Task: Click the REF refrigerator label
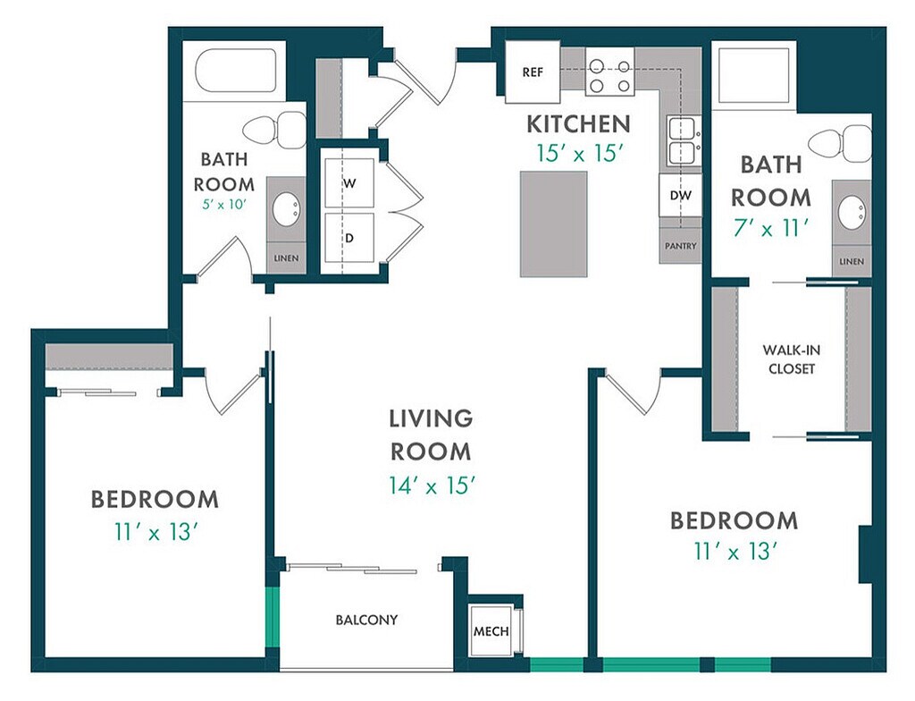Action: click(x=533, y=72)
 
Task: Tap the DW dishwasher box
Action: click(x=680, y=195)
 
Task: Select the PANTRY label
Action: click(x=680, y=247)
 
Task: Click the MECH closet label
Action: click(x=491, y=631)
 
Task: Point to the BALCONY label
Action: click(x=366, y=620)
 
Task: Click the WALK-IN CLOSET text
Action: click(x=792, y=359)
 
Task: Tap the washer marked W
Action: click(x=349, y=182)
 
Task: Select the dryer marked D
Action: click(x=349, y=238)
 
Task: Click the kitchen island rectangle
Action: click(x=553, y=224)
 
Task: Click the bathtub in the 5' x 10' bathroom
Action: click(x=236, y=71)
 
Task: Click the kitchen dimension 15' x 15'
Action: click(x=578, y=154)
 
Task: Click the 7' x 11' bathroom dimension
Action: click(x=770, y=228)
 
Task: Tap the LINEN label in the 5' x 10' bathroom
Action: click(x=286, y=258)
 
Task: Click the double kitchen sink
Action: click(x=682, y=140)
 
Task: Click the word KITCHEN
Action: click(x=578, y=124)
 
